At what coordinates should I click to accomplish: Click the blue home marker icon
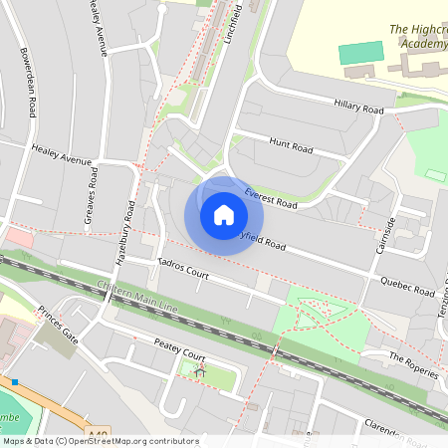pos(224,214)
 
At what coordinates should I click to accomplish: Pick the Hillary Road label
pos(359,107)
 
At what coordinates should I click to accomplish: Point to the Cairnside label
pos(384,235)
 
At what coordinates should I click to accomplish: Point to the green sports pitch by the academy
pos(360,53)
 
